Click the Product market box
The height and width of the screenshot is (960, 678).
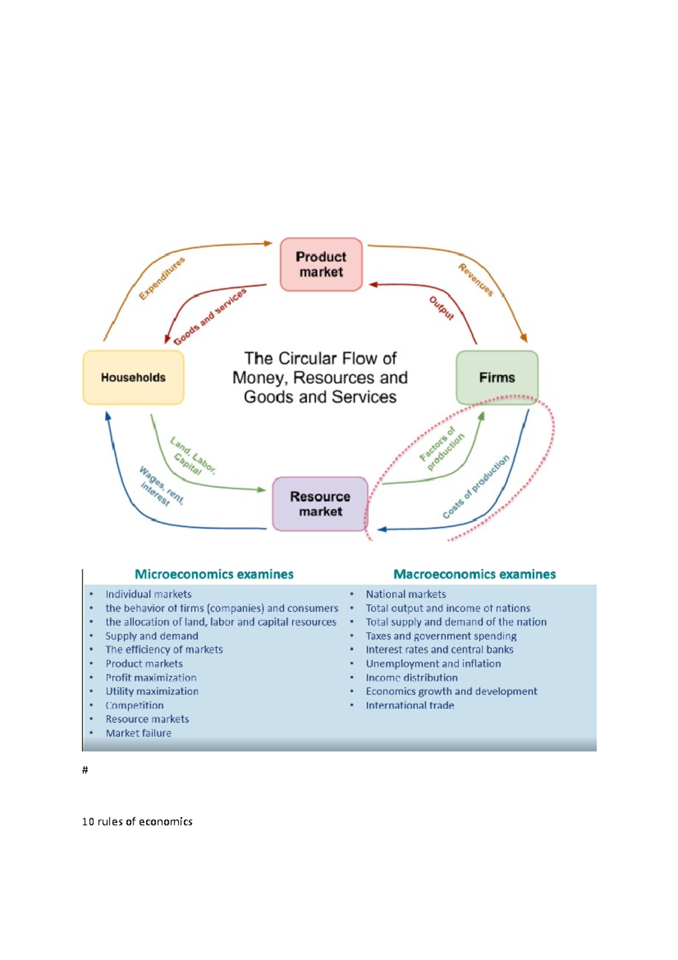[321, 265]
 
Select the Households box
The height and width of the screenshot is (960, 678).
[133, 378]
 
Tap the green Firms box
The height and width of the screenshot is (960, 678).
[497, 378]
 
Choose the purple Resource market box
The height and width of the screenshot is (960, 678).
[320, 504]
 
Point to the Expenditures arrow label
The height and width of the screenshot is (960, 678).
[162, 278]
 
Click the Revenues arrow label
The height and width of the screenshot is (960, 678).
[476, 280]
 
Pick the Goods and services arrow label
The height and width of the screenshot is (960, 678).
[210, 317]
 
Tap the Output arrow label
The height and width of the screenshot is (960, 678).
[441, 308]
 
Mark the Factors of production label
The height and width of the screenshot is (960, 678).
[442, 448]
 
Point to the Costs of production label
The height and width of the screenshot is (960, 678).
[476, 486]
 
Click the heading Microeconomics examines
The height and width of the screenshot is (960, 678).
[214, 574]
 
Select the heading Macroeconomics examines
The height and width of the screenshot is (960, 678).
[475, 574]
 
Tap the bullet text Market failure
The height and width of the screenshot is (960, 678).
[138, 733]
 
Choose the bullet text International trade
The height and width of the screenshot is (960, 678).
[410, 706]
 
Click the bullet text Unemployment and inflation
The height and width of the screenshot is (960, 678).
[433, 664]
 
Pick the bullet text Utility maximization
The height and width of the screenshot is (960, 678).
[152, 691]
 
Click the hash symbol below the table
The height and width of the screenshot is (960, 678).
[85, 770]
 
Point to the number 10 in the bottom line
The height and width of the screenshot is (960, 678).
[88, 822]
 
